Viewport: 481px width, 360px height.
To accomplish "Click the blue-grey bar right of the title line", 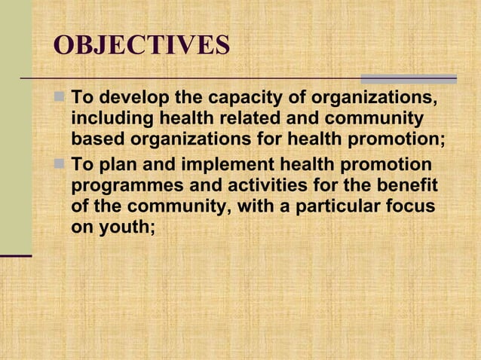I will click(x=409, y=78).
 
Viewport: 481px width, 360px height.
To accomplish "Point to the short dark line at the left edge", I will click(x=16, y=256).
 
